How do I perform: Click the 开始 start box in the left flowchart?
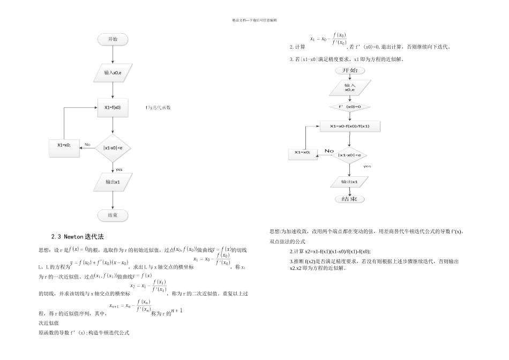click(113, 39)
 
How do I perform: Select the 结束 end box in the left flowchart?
click(113, 215)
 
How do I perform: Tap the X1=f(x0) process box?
click(113, 108)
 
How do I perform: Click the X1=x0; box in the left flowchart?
click(64, 145)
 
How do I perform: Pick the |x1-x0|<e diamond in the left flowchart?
click(113, 148)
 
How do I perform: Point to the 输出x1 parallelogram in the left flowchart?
click(113, 182)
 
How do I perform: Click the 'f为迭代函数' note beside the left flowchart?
click(159, 108)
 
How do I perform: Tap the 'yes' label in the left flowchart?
click(119, 169)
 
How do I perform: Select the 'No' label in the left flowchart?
click(88, 144)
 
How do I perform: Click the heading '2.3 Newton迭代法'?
click(77, 236)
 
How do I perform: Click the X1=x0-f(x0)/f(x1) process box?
click(349, 126)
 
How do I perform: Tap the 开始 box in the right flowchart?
click(349, 70)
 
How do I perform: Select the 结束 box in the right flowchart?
click(349, 199)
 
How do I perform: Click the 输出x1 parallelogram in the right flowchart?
click(349, 182)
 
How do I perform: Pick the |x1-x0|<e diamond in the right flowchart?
click(349, 155)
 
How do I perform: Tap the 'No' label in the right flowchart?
click(329, 151)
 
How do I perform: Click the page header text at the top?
click(254, 20)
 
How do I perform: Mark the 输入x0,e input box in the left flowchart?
click(113, 72)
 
